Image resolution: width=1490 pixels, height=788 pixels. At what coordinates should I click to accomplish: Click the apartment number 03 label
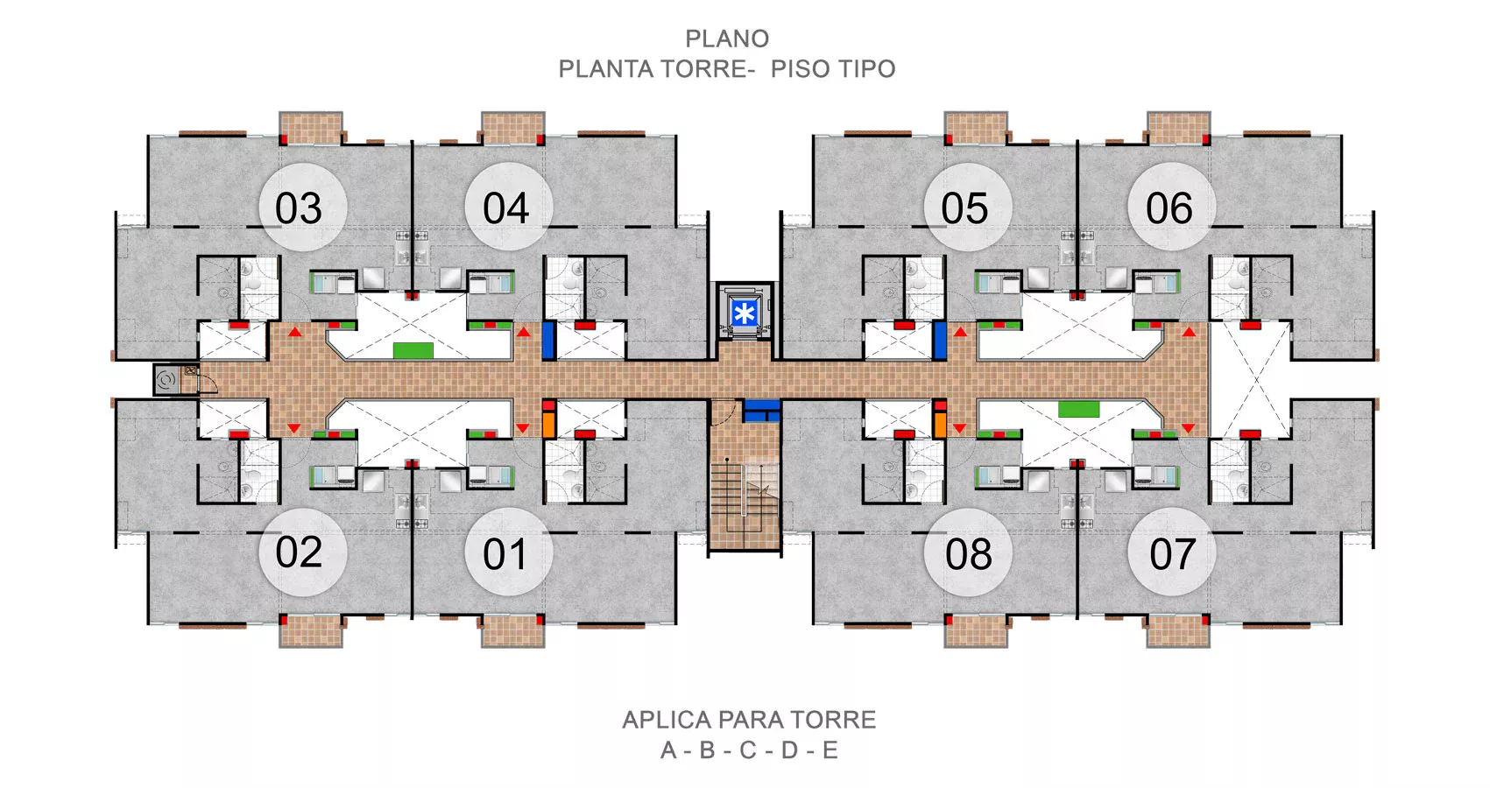pos(298,208)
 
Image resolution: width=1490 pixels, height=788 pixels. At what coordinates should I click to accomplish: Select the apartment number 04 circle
pos(508,206)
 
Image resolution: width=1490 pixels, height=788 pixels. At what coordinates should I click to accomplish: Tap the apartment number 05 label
pos(964,208)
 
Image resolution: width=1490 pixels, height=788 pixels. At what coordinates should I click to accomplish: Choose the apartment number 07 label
pos(1172,554)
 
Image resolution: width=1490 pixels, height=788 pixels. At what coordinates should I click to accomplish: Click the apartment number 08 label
pos(969,554)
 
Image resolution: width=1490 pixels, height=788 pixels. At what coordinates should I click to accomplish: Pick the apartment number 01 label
pos(505,554)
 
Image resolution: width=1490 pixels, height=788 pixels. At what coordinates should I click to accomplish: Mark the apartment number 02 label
pos(299,552)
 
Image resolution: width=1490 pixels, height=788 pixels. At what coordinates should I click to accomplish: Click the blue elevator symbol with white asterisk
pos(744,313)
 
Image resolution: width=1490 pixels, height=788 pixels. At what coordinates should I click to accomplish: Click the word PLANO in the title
pos(727,39)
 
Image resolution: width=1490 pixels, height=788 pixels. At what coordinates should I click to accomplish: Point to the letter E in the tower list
pos(830,750)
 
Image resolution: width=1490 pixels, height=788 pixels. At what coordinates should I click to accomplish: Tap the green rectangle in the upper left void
pos(413,350)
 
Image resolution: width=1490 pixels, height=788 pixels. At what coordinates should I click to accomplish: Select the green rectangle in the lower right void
pos(1078,408)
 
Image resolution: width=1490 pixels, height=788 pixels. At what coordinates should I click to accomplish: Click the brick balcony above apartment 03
pos(311,128)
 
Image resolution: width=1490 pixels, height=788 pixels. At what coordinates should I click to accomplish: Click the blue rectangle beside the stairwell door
pos(761,411)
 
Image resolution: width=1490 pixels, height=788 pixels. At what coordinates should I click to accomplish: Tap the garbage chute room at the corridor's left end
pos(175,379)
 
